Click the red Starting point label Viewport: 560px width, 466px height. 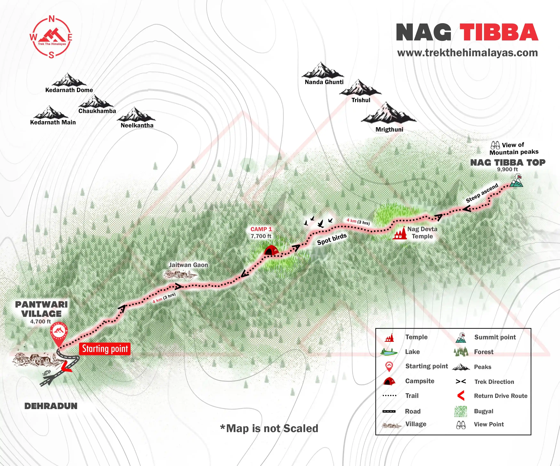(105, 349)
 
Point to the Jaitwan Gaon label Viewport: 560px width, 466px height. (188, 265)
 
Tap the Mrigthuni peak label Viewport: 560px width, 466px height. (389, 129)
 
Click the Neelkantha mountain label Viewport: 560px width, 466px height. (137, 125)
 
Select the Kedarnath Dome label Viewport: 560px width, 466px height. (69, 90)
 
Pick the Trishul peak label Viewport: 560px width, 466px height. (361, 100)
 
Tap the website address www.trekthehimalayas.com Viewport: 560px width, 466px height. (468, 53)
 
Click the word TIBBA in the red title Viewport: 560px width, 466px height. (499, 32)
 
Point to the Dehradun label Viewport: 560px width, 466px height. (51, 406)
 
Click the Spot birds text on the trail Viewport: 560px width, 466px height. (332, 239)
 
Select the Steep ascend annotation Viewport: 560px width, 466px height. (482, 193)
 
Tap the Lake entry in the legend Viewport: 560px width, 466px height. (412, 352)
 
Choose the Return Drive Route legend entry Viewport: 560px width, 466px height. (500, 396)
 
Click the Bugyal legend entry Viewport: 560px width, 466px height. (484, 411)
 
